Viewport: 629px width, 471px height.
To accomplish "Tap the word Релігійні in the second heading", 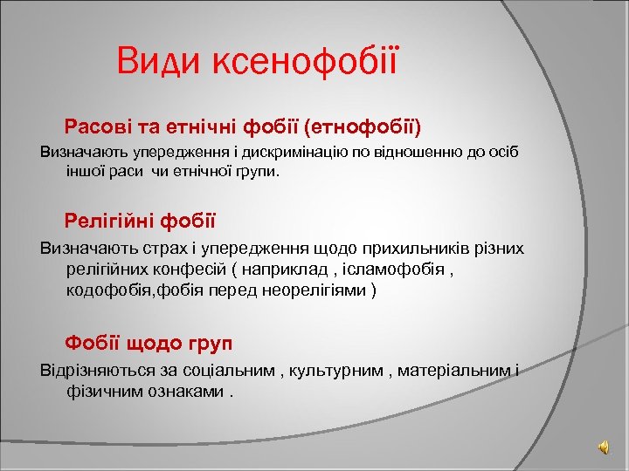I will coord(114,219).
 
